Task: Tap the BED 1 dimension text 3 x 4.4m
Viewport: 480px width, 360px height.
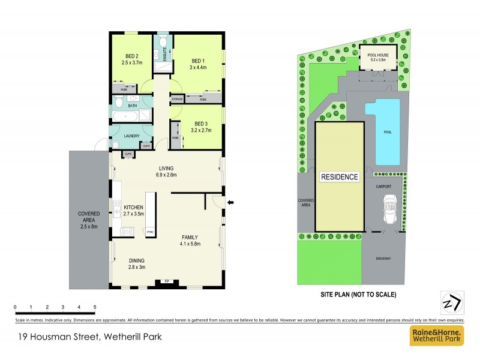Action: (198, 67)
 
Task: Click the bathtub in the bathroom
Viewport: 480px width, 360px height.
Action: (132, 116)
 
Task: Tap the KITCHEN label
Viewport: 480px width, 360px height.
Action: (133, 207)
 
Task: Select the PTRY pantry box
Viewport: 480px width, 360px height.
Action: (149, 231)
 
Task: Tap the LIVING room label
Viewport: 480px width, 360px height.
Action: (166, 169)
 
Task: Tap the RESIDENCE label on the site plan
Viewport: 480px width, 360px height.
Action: (339, 177)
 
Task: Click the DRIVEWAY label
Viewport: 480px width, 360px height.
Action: (383, 259)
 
